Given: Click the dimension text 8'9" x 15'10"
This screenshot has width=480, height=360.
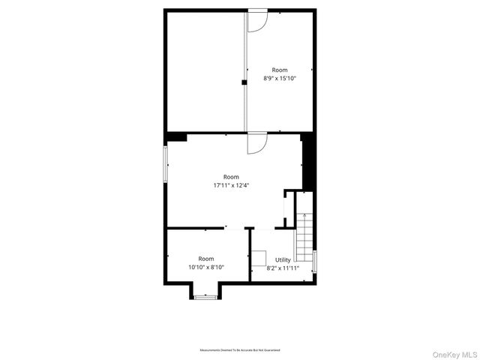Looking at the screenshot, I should pos(280,78).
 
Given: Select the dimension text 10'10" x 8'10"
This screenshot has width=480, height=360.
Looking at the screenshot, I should pos(206,267).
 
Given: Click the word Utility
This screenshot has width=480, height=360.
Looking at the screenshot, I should pos(283,259).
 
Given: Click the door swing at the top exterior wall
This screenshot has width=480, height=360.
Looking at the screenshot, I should pos(256,22).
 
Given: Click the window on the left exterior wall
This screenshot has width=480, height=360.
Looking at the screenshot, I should pos(166,163).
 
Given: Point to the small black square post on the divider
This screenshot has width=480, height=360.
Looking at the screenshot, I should pos(244,82).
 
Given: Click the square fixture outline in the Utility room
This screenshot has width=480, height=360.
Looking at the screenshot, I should pos(259,258).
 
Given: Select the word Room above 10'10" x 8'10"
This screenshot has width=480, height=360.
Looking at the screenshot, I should pos(206,259).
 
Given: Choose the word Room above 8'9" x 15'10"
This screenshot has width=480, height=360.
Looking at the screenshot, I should pos(280,70).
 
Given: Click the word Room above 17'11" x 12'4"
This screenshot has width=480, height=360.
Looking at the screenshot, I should pos(231,176).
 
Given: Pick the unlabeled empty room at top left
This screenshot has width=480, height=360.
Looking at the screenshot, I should pos(204,71).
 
